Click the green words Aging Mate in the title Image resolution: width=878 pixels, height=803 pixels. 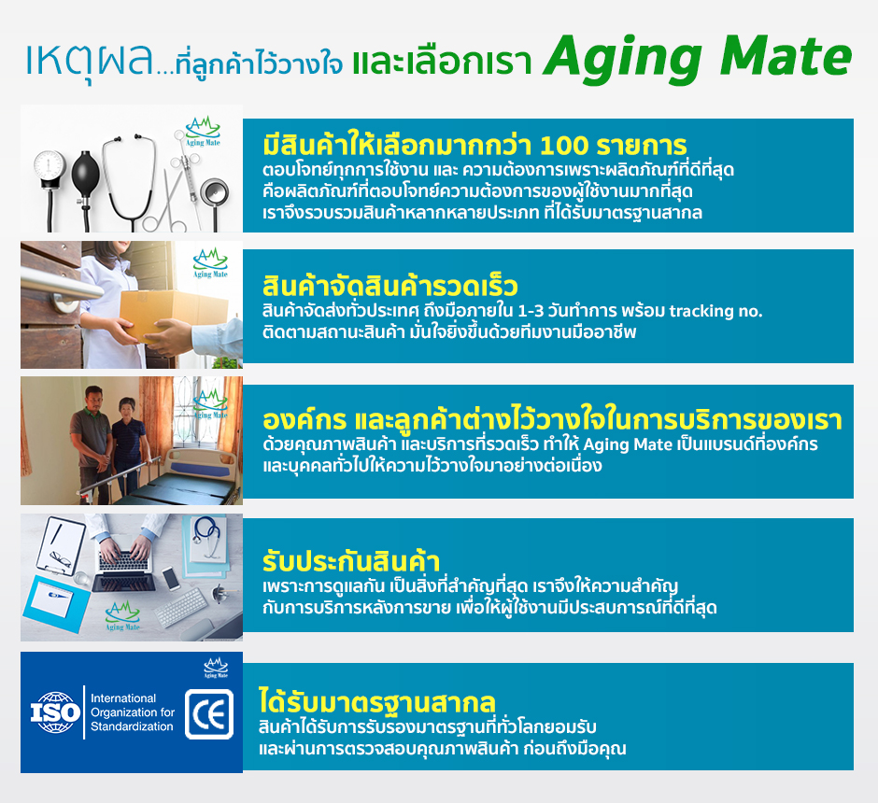coord(697,59)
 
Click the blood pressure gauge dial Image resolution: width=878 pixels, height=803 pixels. coord(50,166)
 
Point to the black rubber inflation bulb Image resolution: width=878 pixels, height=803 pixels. coord(86,174)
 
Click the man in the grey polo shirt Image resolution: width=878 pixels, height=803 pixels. coord(92,442)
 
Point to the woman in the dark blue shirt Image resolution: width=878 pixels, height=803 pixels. coord(129,447)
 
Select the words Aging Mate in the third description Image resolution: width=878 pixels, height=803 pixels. coord(628,444)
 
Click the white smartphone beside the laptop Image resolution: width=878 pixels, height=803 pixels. coord(171,578)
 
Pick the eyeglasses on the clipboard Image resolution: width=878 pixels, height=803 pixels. coord(61,558)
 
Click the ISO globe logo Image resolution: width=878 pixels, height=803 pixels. coord(55,712)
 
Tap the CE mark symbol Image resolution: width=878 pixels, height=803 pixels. coord(209,714)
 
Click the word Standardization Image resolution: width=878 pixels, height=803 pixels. coord(132,726)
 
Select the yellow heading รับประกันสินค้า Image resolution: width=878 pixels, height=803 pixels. coord(351,562)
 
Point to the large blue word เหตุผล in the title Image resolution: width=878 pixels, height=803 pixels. coord(90,61)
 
